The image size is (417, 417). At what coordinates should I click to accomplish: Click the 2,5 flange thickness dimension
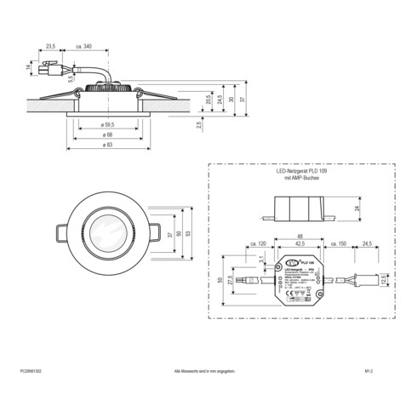[199, 125]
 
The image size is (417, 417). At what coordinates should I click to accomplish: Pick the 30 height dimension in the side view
[231, 98]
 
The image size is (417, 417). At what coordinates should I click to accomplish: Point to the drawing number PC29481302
[30, 372]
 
